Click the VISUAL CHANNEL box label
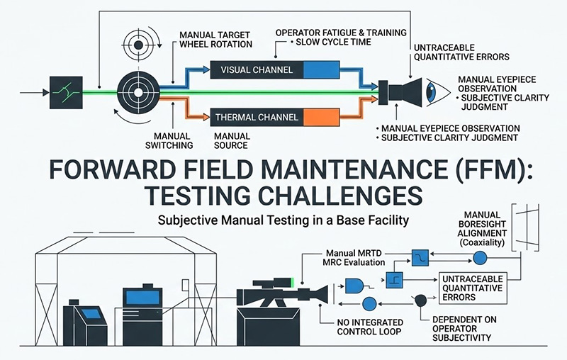click(x=254, y=69)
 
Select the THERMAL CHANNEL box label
click(x=252, y=117)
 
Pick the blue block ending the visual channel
click(x=313, y=69)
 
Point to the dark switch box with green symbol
click(x=62, y=93)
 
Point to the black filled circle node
click(x=420, y=300)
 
